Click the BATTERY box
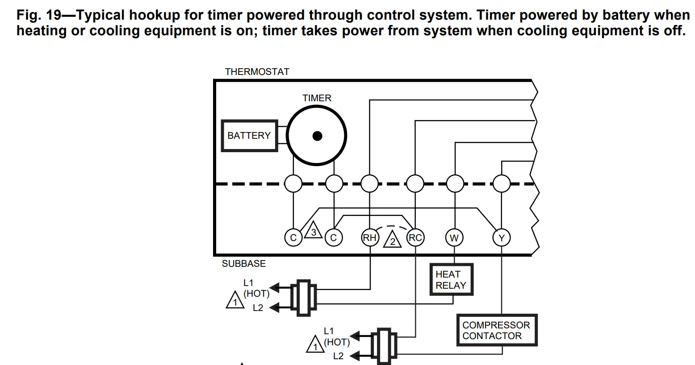coord(249,136)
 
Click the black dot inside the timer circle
coord(317,136)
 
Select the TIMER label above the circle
coord(317,98)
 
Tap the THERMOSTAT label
coord(257,72)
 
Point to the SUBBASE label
coord(244,264)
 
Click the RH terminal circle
coord(370,238)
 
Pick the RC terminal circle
coord(415,238)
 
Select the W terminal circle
coord(454,238)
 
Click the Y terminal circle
coord(501,238)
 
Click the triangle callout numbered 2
coord(393,240)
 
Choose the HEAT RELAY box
coord(451,280)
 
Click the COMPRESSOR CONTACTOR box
coord(496,331)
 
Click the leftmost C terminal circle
coord(293,238)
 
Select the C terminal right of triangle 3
coord(333,238)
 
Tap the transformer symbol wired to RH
coord(304,298)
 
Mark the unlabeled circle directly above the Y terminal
coord(501,183)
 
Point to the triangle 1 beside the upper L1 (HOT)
coord(234,301)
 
